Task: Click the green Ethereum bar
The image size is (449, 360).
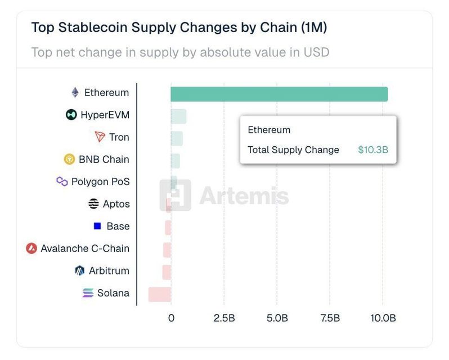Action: (x=279, y=94)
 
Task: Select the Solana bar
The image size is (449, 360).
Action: (x=160, y=294)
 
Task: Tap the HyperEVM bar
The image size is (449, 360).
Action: (x=178, y=116)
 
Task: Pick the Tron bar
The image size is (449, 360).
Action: (x=177, y=138)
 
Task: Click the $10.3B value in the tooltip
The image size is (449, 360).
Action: (x=373, y=150)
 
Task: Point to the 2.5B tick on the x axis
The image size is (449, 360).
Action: (x=224, y=318)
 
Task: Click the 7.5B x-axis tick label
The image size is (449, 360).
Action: (x=330, y=318)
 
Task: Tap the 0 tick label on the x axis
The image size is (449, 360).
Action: (x=171, y=318)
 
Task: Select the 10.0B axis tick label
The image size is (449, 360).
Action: (x=383, y=318)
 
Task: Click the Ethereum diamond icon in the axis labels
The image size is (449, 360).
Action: (x=75, y=93)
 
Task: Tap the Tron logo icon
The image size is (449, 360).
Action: (x=100, y=137)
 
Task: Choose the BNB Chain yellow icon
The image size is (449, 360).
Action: (x=69, y=159)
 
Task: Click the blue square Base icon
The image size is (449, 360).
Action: (x=97, y=226)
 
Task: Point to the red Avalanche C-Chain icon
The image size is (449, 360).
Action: (x=32, y=248)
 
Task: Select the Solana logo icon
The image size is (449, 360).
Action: (x=88, y=293)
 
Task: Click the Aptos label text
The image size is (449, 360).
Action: (x=116, y=204)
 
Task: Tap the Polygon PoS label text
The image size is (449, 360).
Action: (x=100, y=182)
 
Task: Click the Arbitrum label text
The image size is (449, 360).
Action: (x=109, y=271)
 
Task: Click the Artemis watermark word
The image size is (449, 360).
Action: (x=244, y=196)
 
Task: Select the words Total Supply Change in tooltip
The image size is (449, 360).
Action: (x=293, y=150)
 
